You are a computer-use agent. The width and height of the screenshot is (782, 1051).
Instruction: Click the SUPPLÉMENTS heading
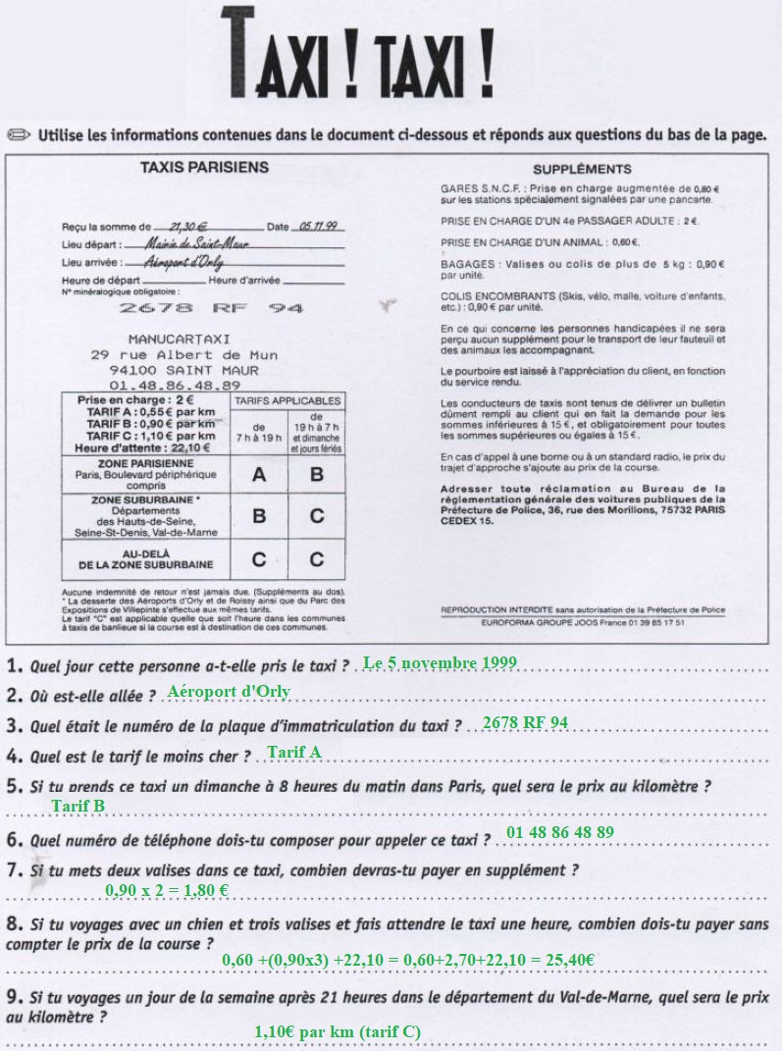pos(582,169)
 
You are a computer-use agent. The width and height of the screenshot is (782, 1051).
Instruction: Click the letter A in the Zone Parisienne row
pos(259,475)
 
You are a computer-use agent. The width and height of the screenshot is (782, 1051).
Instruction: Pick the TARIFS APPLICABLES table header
pos(287,400)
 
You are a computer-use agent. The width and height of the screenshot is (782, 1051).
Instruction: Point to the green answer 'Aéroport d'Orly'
pos(229,692)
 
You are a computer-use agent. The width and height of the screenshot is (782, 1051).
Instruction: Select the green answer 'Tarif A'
pos(294,753)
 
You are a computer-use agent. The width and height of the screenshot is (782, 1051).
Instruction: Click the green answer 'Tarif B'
pos(78,807)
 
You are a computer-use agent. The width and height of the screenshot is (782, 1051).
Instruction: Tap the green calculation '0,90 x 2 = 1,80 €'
pos(167,891)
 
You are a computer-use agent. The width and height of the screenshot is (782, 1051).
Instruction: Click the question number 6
pos(14,840)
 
